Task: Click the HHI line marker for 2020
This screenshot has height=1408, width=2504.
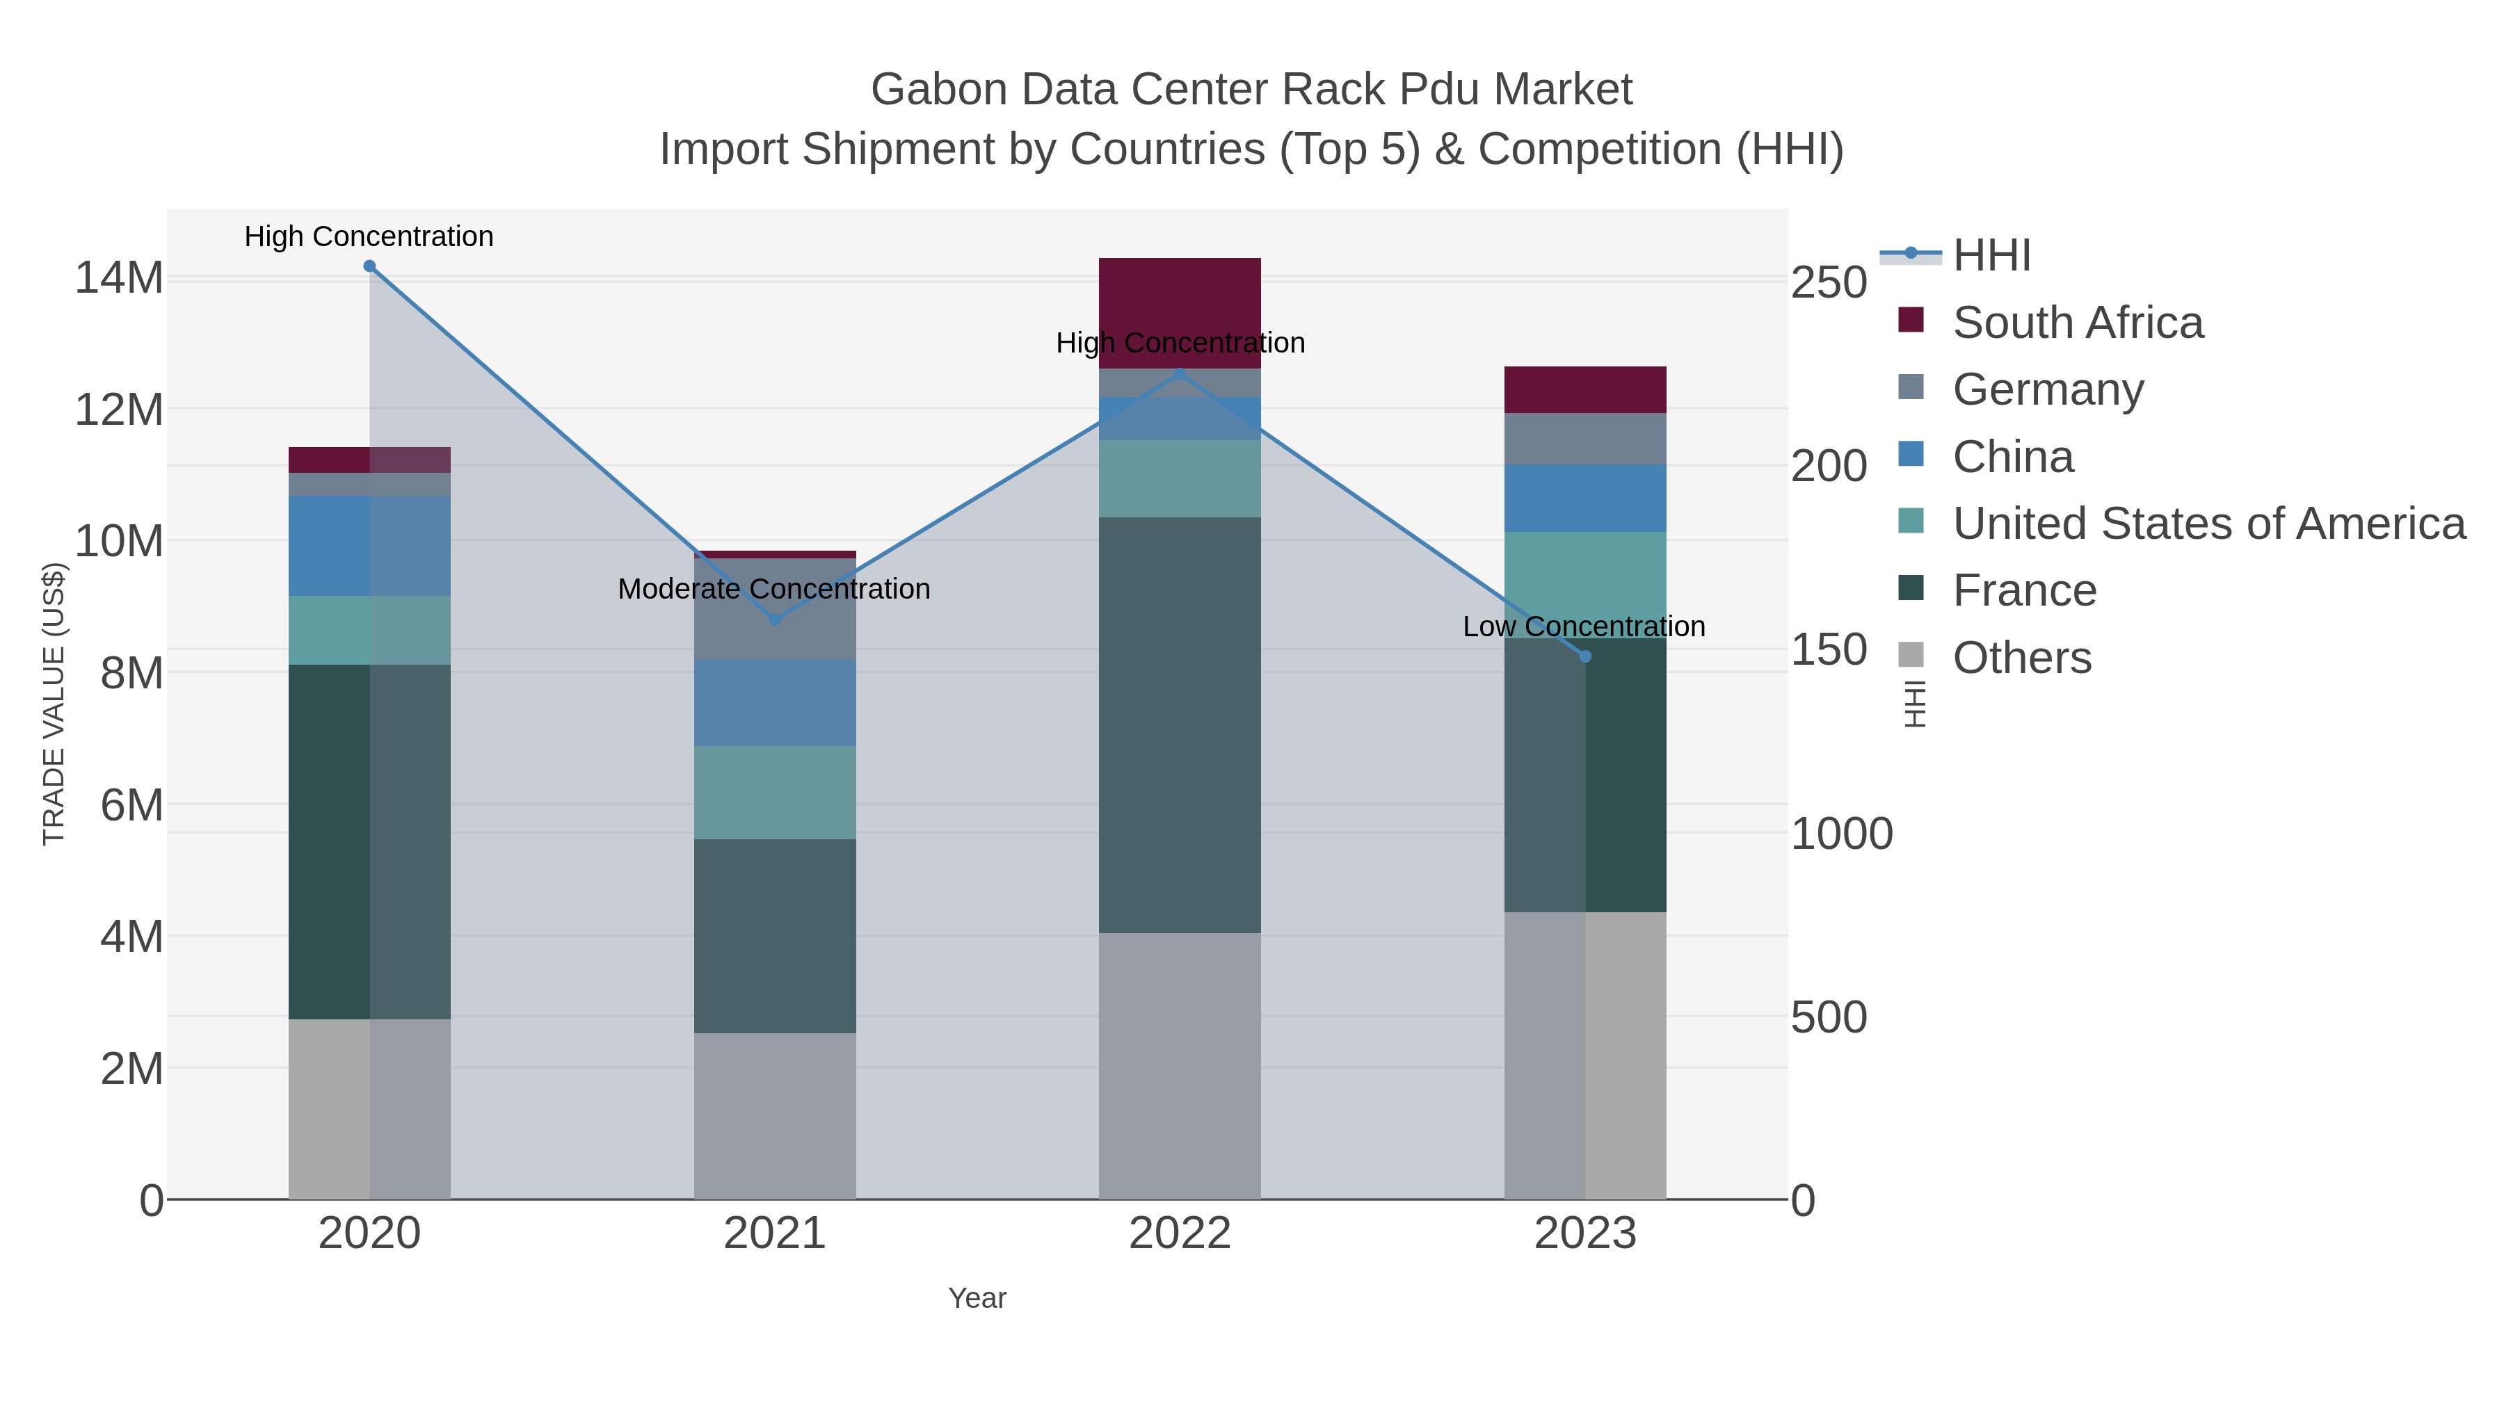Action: [x=369, y=266]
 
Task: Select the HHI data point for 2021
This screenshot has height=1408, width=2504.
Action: [x=775, y=620]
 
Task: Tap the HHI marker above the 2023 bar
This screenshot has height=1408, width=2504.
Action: [x=1585, y=657]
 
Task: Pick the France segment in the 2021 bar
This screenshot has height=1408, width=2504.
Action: [x=775, y=936]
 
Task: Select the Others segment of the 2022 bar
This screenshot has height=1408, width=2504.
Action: [x=1179, y=1066]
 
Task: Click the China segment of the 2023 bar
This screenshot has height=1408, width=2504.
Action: [x=1585, y=499]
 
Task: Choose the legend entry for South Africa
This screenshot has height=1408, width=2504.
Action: [x=2077, y=323]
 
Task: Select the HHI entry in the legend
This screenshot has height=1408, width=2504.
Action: [x=1991, y=256]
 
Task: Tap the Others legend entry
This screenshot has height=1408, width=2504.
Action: [x=2021, y=658]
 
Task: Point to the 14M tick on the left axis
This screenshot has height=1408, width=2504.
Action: [x=118, y=279]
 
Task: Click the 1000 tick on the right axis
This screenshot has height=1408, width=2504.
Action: [x=1841, y=834]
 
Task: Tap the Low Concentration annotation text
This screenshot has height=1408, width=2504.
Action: [x=1584, y=626]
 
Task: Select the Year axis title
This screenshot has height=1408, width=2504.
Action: [x=977, y=1298]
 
